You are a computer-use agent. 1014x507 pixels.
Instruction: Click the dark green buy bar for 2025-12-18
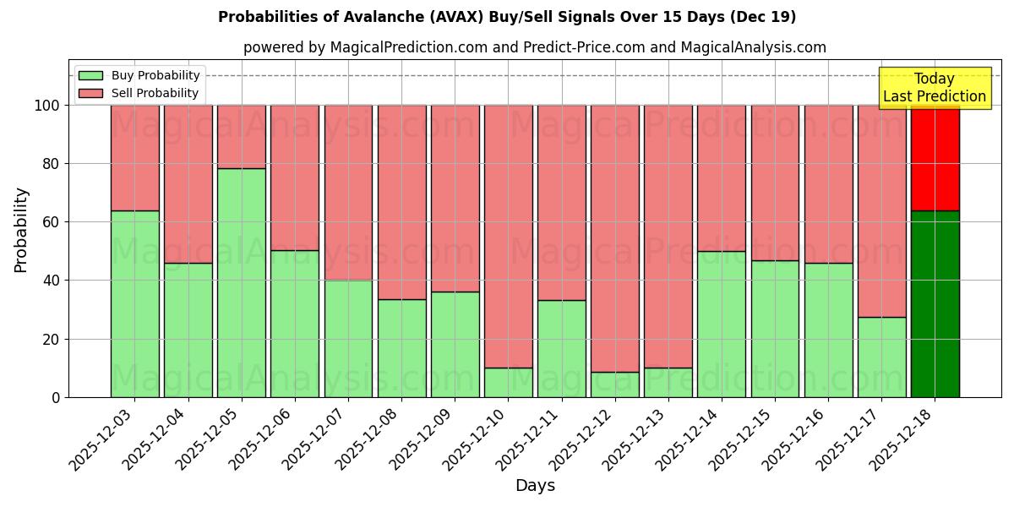[935, 304]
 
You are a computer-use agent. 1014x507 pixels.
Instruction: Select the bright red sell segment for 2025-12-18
[935, 157]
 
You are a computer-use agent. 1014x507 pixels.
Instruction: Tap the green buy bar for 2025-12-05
[242, 282]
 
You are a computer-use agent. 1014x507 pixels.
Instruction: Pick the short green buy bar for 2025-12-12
[615, 384]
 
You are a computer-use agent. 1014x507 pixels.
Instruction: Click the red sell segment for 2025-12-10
[509, 236]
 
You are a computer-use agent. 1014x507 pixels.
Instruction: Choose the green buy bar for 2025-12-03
[135, 303]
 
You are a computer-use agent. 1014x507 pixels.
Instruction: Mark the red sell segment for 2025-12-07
[348, 193]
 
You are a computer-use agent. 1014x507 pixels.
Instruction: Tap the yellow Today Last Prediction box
[934, 88]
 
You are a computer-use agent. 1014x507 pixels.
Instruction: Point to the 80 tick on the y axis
[52, 164]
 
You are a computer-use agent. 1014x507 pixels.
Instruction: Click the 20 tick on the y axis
[52, 339]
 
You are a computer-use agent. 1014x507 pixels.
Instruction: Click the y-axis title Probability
[21, 229]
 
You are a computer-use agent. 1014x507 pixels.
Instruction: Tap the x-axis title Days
[535, 486]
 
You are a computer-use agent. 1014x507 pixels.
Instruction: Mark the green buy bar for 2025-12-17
[881, 357]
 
